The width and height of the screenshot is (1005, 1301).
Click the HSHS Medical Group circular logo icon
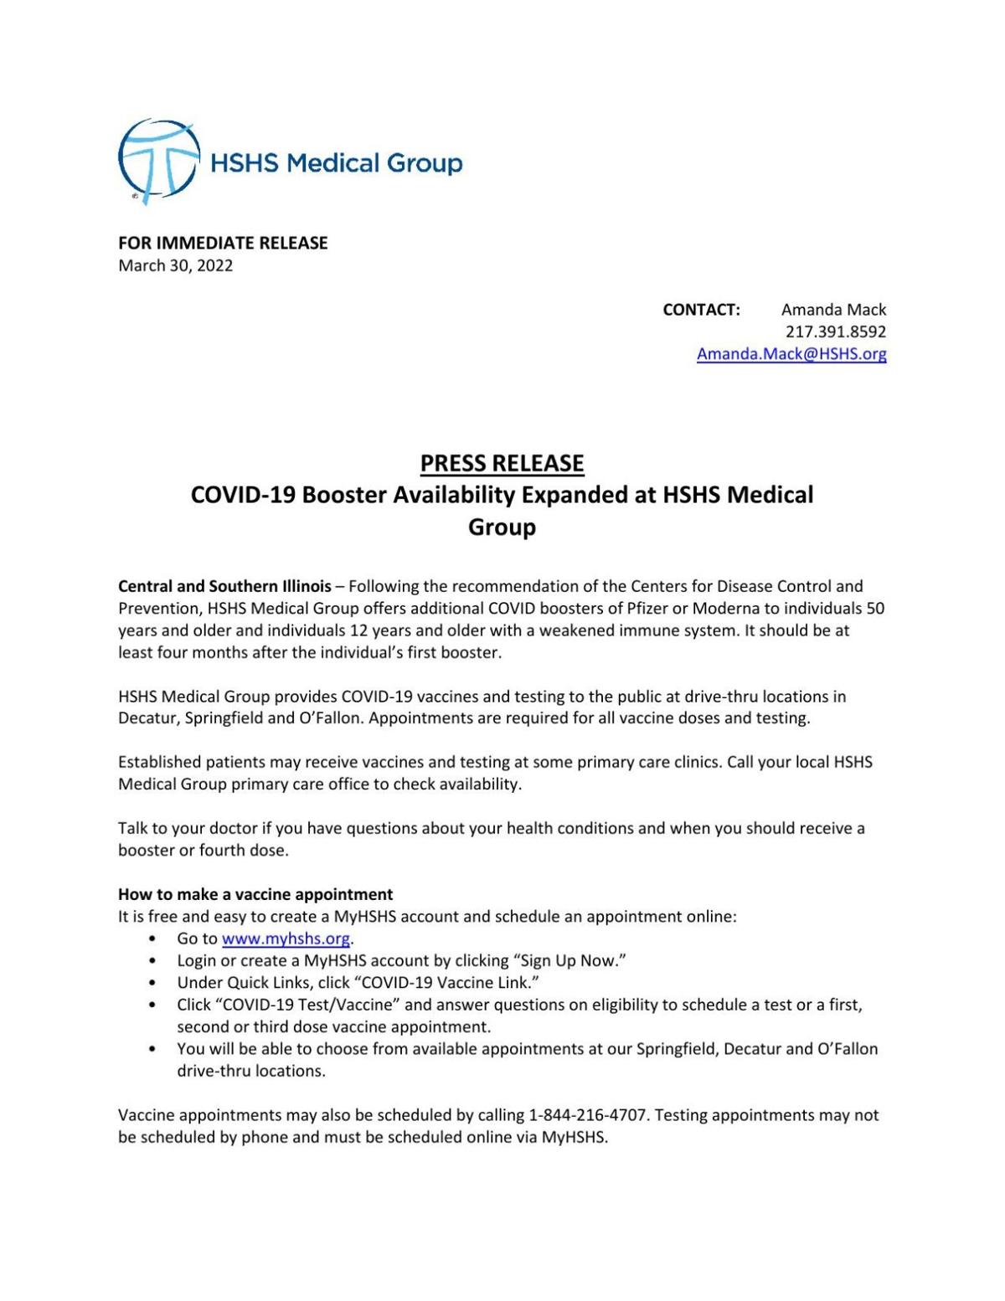tap(158, 161)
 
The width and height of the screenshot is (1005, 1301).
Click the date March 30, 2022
tap(175, 265)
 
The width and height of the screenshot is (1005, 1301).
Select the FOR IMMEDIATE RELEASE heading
tap(223, 243)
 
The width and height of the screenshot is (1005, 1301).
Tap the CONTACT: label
tap(701, 310)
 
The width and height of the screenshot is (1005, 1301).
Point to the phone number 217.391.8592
tap(835, 332)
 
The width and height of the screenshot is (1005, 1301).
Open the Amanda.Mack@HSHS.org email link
tap(791, 353)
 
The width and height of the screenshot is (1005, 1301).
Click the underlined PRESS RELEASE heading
tap(502, 463)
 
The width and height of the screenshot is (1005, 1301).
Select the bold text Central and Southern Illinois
tap(224, 586)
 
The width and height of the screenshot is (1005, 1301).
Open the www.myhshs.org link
tap(286, 938)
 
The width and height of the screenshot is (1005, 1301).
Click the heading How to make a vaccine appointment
tap(255, 894)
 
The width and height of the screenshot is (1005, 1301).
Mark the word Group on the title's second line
tap(502, 527)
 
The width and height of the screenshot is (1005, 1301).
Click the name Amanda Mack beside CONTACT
tap(833, 310)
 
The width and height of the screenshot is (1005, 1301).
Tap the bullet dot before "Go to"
tap(152, 939)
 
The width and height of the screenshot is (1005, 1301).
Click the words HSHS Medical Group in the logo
tap(336, 162)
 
